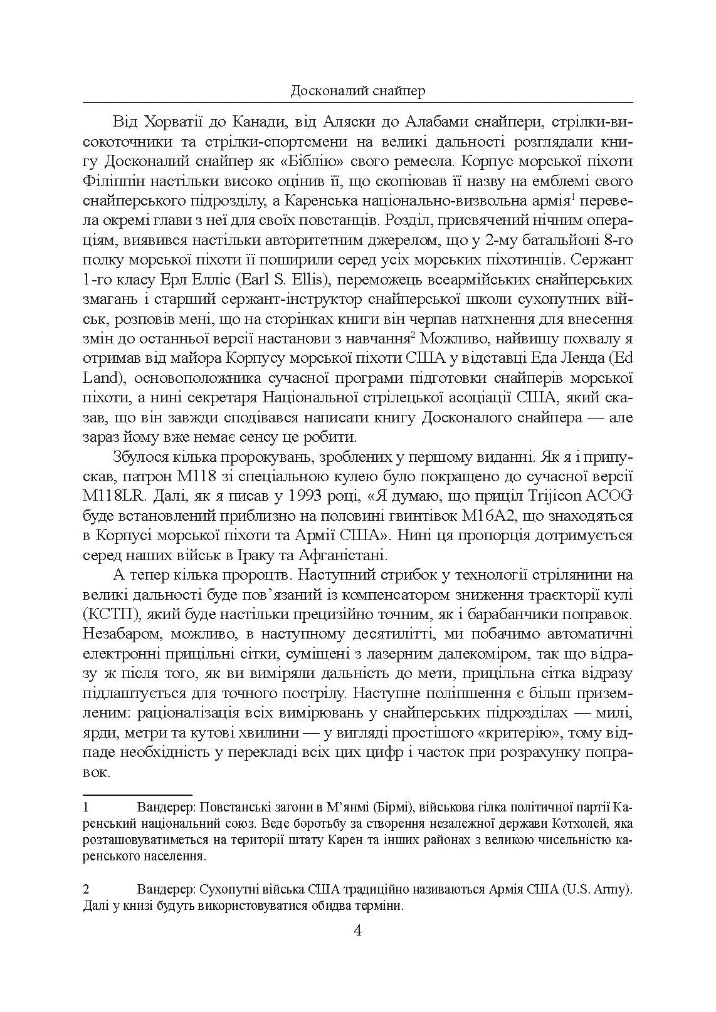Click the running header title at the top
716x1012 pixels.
click(358, 91)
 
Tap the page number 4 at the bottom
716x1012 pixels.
click(357, 930)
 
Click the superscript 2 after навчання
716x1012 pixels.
click(414, 334)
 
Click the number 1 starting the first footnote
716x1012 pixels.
click(87, 807)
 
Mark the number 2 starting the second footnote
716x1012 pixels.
click(87, 890)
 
